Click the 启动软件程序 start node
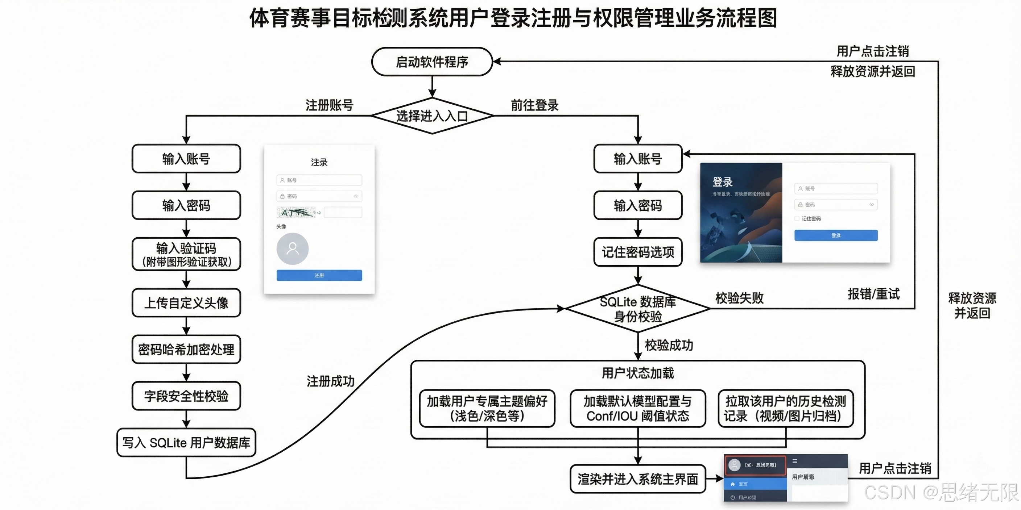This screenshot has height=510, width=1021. (432, 62)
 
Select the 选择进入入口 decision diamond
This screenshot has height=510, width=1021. (432, 116)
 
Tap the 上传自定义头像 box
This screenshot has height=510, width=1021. (186, 303)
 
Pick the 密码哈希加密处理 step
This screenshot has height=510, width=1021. (186, 349)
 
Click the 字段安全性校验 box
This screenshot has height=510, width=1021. (186, 396)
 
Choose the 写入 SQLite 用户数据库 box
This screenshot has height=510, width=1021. (186, 442)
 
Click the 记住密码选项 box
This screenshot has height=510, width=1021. (638, 252)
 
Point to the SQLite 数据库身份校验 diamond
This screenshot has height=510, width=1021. (638, 309)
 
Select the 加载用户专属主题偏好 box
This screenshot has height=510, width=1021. (487, 409)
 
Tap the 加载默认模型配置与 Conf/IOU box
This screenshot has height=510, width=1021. (638, 409)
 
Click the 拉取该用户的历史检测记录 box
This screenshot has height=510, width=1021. (786, 409)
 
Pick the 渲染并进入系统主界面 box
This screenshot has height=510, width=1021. (638, 479)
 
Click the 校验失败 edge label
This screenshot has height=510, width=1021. (739, 298)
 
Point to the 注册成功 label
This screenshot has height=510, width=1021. (331, 381)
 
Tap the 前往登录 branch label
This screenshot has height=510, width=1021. (535, 105)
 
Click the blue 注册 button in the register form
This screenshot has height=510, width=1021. (319, 275)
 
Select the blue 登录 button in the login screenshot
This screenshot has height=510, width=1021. (836, 235)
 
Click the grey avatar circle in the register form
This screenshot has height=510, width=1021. (293, 249)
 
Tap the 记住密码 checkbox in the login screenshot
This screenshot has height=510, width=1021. (797, 218)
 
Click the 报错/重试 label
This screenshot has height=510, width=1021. (873, 294)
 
